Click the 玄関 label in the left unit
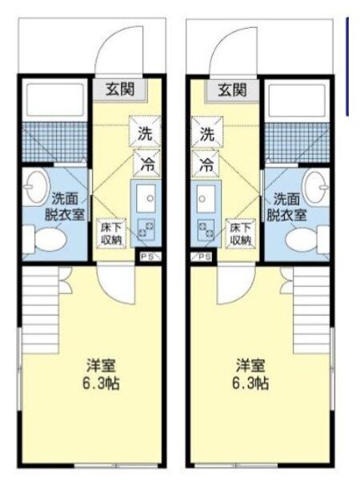pyautogui.click(x=120, y=90)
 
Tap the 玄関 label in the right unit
pyautogui.click(x=232, y=90)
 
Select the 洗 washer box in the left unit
pyautogui.click(x=145, y=132)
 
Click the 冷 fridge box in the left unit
pyautogui.click(x=146, y=164)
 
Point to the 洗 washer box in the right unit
pyautogui.click(x=207, y=132)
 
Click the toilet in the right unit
pyautogui.click(x=307, y=239)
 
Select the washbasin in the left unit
pyautogui.click(x=36, y=188)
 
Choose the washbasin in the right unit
pyautogui.click(x=316, y=188)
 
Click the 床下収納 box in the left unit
pyautogui.click(x=111, y=233)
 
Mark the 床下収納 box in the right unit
pyautogui.click(x=241, y=233)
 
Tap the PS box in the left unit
pyautogui.click(x=149, y=257)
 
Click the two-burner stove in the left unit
pyautogui.click(x=146, y=229)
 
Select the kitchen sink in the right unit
pyautogui.click(x=206, y=198)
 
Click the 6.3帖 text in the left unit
pyautogui.click(x=102, y=384)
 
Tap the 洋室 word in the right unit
pyautogui.click(x=250, y=365)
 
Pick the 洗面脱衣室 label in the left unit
pyautogui.click(x=64, y=207)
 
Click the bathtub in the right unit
pyautogui.click(x=297, y=99)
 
